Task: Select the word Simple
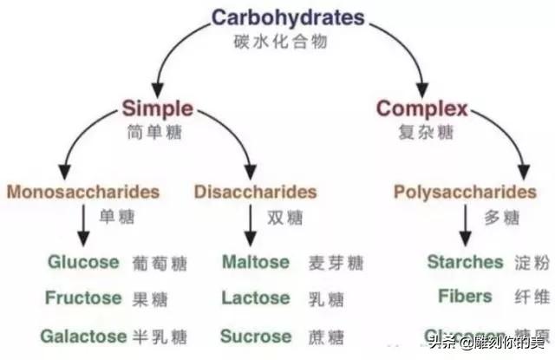157,108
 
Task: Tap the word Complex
421,108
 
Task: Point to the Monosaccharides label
83,191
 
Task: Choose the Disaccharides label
256,191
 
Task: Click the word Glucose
83,261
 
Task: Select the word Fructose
84,298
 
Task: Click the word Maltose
255,261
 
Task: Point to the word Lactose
256,298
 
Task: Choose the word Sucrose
256,335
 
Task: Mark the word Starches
465,261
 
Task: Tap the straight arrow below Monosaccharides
83,228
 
